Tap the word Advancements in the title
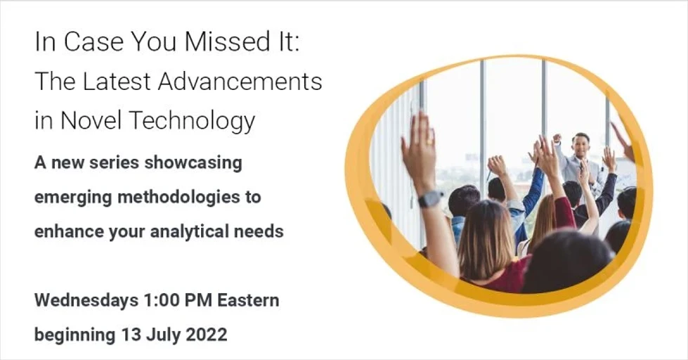pyautogui.click(x=240, y=82)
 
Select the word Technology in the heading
pyautogui.click(x=189, y=121)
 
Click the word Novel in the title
pyautogui.click(x=87, y=121)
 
